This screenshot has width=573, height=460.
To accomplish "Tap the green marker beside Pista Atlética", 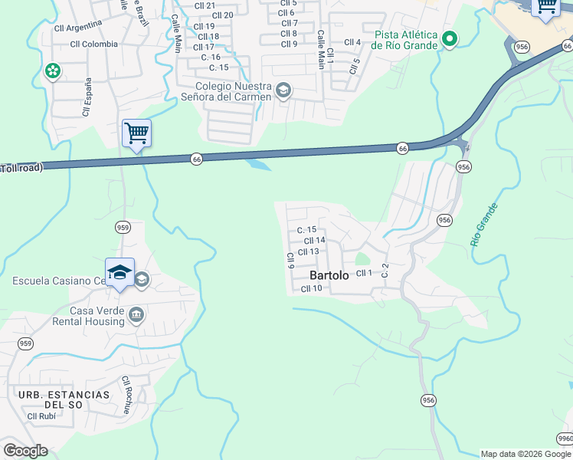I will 450,39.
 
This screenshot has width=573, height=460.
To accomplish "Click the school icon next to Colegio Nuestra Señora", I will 283,91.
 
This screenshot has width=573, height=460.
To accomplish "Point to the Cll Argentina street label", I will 78,26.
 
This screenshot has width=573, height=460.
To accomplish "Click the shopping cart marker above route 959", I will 136,133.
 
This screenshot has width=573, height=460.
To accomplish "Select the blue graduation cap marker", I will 120,273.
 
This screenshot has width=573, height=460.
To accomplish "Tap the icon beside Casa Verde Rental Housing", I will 136,314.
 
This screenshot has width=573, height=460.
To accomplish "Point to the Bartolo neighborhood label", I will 329,275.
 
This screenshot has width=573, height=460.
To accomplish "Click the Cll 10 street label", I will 311,288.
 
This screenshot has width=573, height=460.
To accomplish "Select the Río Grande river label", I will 484,224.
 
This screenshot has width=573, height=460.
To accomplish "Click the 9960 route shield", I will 565,439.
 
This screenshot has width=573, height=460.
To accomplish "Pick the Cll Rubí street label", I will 41,417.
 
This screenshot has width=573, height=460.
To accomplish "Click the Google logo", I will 25,450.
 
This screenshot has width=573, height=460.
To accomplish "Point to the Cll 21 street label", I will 205,5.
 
